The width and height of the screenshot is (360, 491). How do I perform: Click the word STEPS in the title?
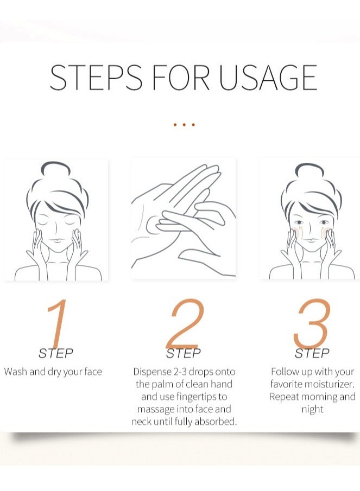pyautogui.click(x=96, y=78)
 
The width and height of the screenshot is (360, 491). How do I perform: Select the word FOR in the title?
pyautogui.click(x=181, y=78)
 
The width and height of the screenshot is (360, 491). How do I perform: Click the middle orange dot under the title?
pyautogui.click(x=184, y=125)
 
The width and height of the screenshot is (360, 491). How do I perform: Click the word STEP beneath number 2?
pyautogui.click(x=184, y=353)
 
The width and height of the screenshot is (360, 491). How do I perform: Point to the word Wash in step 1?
pyautogui.click(x=16, y=372)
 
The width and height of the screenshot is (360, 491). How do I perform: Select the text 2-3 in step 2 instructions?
pyautogui.click(x=180, y=372)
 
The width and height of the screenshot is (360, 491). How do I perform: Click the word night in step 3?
pyautogui.click(x=312, y=410)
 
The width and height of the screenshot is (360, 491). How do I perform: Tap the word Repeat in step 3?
pyautogui.click(x=285, y=397)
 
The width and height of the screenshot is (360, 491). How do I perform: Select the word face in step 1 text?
pyautogui.click(x=93, y=372)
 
